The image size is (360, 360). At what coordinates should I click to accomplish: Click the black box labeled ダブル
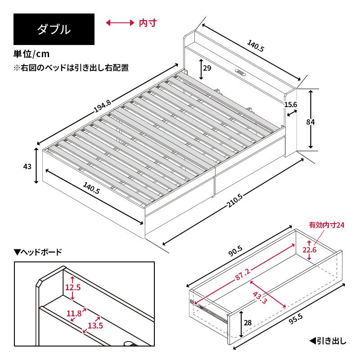click(54, 29)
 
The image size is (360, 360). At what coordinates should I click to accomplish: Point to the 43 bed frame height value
click(27, 166)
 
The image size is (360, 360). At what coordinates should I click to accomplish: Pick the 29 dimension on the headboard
click(207, 68)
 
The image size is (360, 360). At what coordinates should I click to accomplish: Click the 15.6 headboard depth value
click(291, 104)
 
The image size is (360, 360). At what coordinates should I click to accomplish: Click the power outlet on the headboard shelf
click(239, 72)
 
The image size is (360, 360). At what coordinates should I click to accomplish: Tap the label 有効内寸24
click(326, 225)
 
